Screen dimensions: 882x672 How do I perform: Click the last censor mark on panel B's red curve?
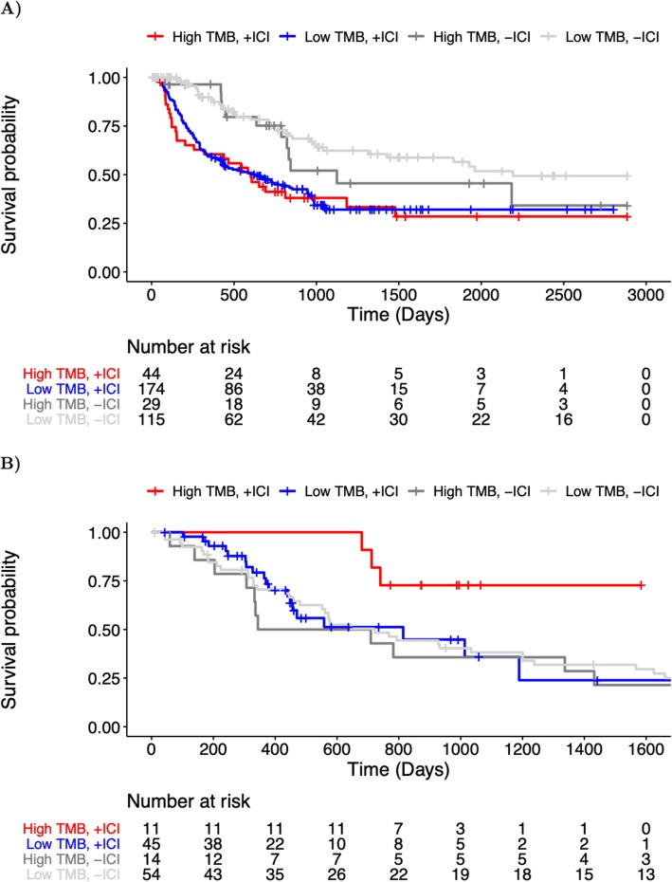pyautogui.click(x=642, y=586)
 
